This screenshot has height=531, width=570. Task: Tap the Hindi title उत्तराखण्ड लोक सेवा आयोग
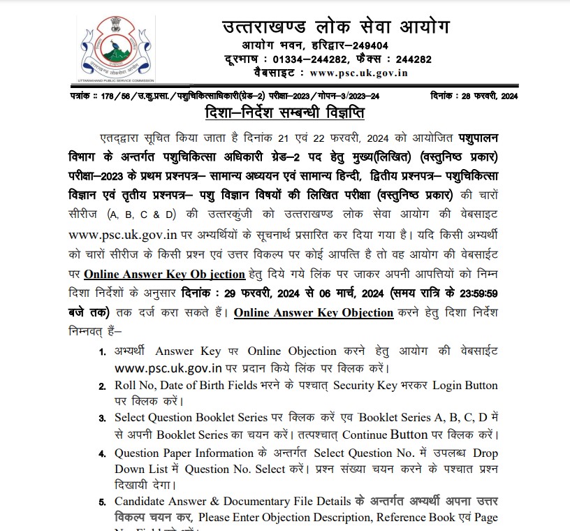pos(336,27)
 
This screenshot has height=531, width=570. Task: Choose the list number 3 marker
pos(103,418)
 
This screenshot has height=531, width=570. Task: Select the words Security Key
pos(365,386)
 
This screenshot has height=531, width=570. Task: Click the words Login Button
pos(465,386)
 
